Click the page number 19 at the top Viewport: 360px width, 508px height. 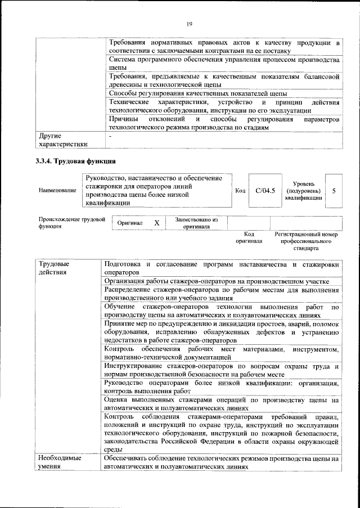[189, 23]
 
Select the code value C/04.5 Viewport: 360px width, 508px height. [264, 191]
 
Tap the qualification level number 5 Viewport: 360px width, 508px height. [334, 191]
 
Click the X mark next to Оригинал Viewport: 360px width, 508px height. [157, 223]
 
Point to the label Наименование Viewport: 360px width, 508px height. [57, 191]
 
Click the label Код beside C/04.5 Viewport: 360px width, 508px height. [240, 191]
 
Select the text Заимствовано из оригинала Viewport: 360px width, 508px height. [196, 223]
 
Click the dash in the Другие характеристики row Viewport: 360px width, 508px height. [110, 136]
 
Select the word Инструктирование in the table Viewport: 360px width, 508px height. [133, 366]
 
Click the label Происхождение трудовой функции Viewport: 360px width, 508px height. [71, 223]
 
